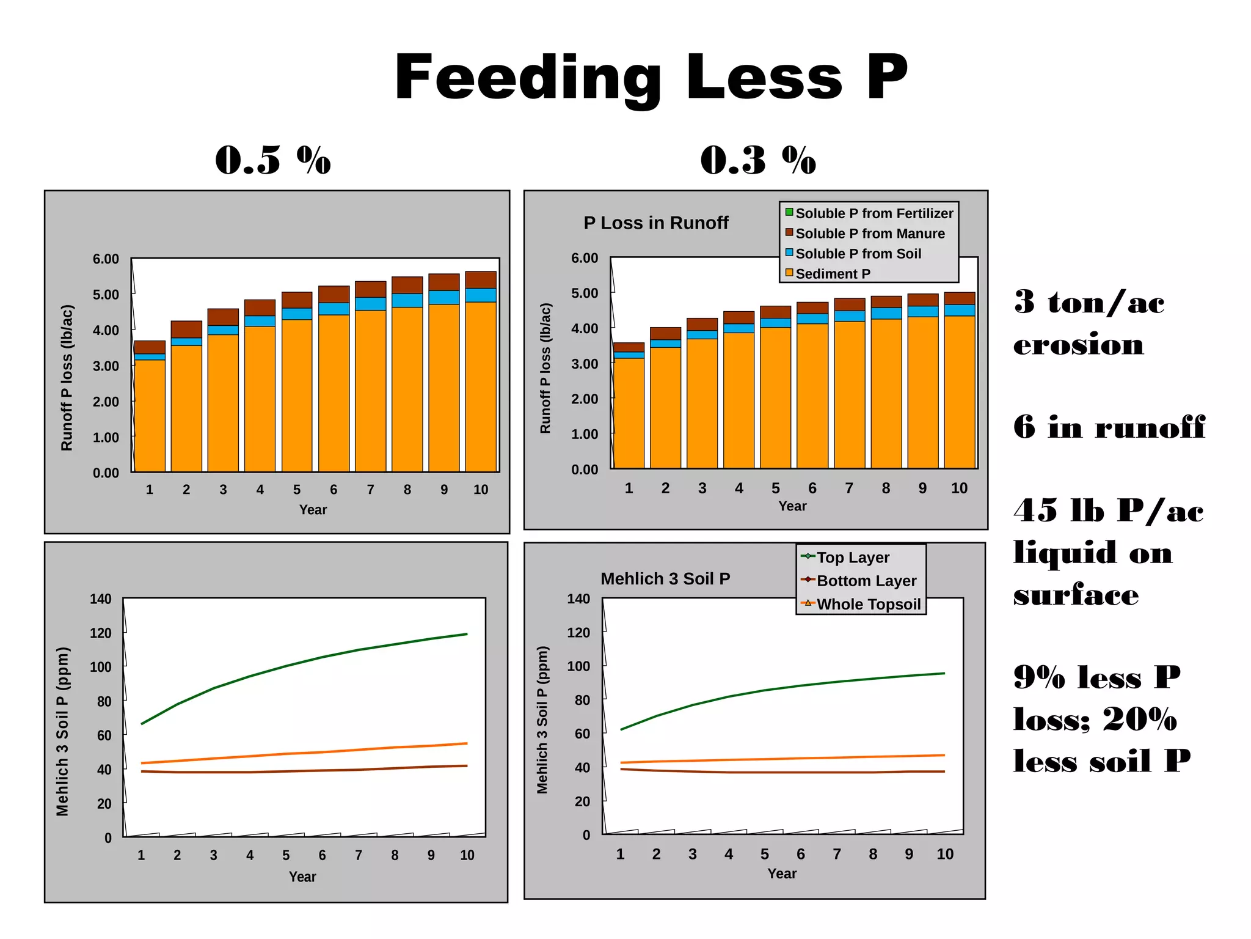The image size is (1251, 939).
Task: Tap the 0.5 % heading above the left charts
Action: pyautogui.click(x=272, y=160)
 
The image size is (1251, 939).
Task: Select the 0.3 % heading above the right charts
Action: pyautogui.click(x=757, y=160)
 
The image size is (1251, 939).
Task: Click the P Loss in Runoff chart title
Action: pyautogui.click(x=655, y=223)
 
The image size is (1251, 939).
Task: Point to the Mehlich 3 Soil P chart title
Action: pyautogui.click(x=665, y=579)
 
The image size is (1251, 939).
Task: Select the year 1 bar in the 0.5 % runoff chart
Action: pyautogui.click(x=150, y=410)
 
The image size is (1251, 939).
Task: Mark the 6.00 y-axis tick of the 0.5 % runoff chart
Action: pyautogui.click(x=106, y=259)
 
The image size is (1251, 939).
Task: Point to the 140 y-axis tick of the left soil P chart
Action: pyautogui.click(x=101, y=599)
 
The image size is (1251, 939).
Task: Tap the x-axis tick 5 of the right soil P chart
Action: pyautogui.click(x=764, y=854)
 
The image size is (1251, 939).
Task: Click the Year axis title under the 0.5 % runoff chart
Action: pyautogui.click(x=313, y=510)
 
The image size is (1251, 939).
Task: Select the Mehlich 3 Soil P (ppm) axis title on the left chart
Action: pyautogui.click(x=63, y=732)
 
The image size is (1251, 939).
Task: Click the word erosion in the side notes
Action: pyautogui.click(x=1078, y=345)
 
